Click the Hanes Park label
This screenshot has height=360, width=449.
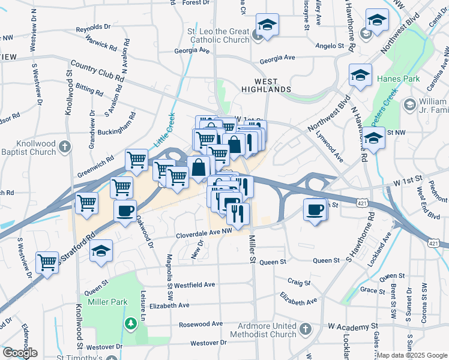click(395, 79)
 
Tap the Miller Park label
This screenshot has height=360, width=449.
click(108, 302)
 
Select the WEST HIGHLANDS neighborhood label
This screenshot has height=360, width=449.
click(266, 85)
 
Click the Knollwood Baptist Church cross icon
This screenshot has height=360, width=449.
click(65, 146)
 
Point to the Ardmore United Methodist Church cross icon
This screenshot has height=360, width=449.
click(306, 329)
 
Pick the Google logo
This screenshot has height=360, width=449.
click(20, 353)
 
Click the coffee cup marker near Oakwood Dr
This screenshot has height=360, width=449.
click(125, 211)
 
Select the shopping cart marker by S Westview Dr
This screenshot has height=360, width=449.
click(47, 261)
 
